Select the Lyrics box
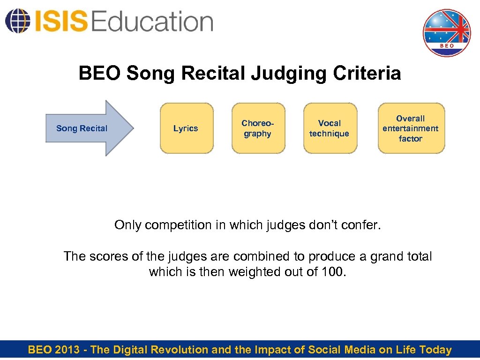(187, 128)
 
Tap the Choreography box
(258, 128)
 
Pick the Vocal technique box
(330, 128)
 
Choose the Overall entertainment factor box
(411, 128)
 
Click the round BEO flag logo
(446, 33)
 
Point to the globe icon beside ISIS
(16, 21)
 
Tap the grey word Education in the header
(152, 22)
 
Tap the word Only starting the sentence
(128, 225)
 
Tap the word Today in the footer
(435, 350)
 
